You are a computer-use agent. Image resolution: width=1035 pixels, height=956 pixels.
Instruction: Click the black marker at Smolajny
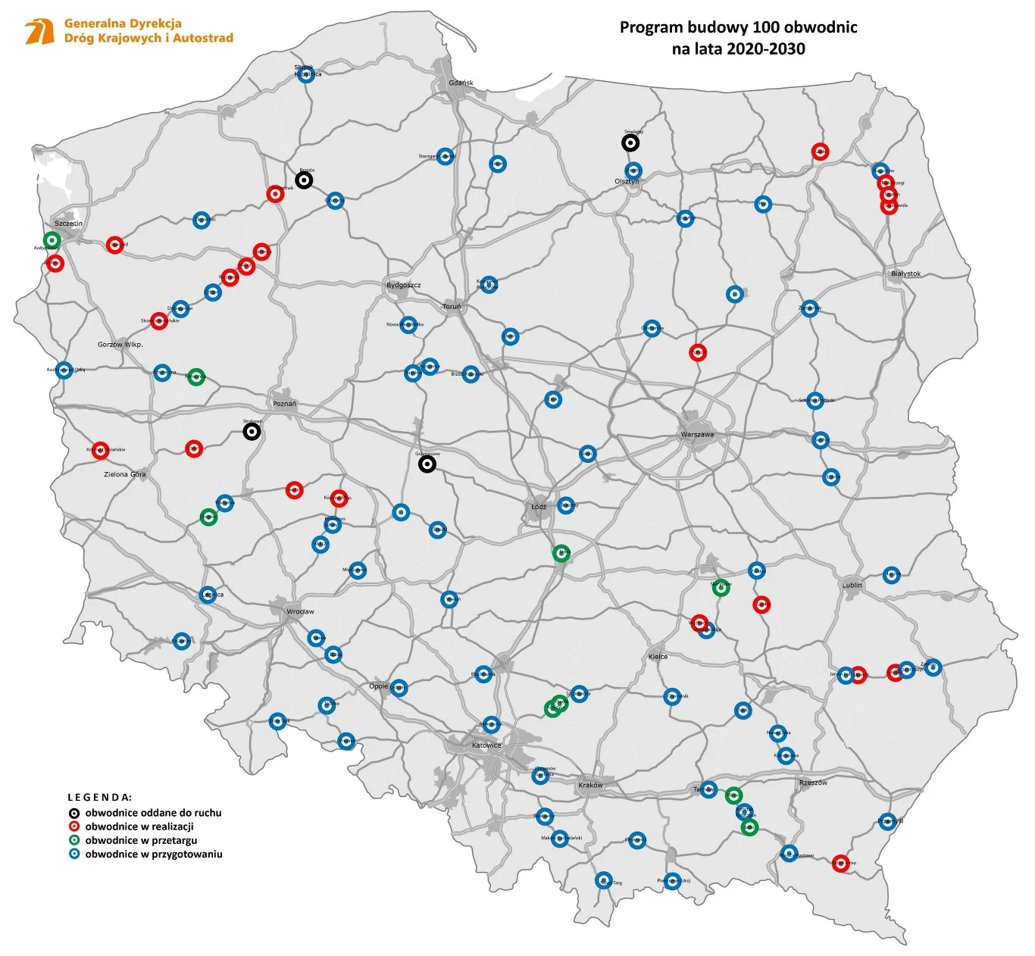point(630,142)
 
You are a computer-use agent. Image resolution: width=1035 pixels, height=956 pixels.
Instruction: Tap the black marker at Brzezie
point(304,180)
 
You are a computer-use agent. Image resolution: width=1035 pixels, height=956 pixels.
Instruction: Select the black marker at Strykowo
point(252,431)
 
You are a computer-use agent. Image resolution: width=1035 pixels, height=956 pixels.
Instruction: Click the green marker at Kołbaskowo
point(52,239)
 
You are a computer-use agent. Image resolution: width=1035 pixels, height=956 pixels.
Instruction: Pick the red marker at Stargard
point(114,245)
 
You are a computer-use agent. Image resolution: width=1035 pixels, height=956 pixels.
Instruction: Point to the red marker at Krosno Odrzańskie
point(100,450)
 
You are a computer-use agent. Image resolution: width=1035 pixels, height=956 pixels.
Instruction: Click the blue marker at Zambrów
point(810,308)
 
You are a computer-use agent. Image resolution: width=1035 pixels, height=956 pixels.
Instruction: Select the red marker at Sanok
point(840,863)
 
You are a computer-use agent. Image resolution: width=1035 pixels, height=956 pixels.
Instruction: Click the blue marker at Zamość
point(933,667)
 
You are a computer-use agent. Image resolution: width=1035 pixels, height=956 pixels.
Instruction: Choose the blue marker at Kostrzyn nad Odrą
point(64,370)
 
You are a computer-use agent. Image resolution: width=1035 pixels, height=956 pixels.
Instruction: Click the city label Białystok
point(905,273)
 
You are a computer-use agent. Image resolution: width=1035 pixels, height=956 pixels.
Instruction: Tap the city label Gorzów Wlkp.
point(120,345)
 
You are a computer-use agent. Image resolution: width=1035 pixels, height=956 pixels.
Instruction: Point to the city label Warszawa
point(697,435)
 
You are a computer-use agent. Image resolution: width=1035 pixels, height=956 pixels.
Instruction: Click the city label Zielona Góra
point(125,475)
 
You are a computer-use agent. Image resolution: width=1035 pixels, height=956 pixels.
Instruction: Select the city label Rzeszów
point(813,783)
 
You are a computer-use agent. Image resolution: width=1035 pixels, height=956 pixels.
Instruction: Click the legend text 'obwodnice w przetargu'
point(141,840)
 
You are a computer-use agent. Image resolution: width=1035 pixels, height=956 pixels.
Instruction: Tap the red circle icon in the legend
point(74,826)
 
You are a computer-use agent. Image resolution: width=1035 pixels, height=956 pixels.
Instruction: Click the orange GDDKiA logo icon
point(39,32)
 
